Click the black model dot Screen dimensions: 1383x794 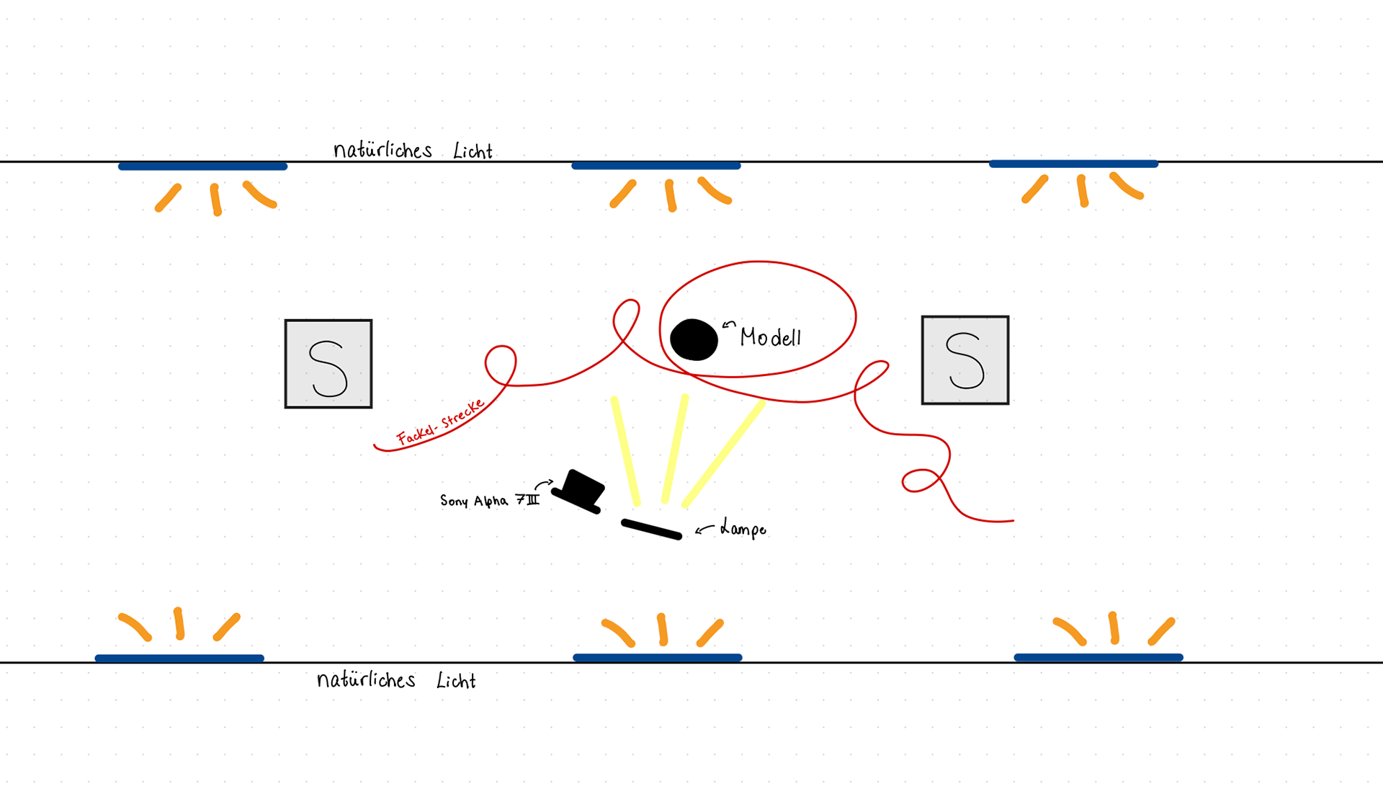[694, 339]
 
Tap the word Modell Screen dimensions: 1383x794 [770, 337]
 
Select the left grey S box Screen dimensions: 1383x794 [328, 364]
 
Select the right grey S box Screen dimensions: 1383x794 [965, 360]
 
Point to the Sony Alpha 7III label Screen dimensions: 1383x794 [489, 500]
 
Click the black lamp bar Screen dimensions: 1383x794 [651, 530]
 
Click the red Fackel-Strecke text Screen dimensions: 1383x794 [440, 423]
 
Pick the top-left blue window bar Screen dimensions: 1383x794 [202, 166]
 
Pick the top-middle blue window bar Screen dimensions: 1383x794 [655, 166]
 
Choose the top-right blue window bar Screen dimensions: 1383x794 [1073, 164]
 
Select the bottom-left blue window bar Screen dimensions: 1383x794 [179, 658]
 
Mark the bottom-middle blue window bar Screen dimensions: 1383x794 [657, 657]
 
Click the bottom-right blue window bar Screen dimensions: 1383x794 [1098, 657]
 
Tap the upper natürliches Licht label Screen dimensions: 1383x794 [413, 150]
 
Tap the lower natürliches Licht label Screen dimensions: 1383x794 [396, 680]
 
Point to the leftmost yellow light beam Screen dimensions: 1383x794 [625, 450]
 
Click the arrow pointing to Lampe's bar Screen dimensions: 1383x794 [704, 530]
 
